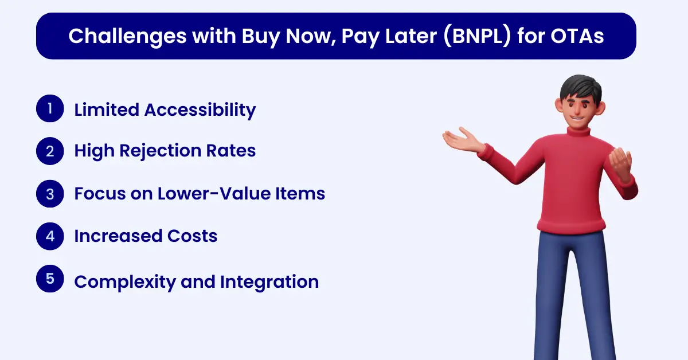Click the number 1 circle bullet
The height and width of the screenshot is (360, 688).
pyautogui.click(x=50, y=108)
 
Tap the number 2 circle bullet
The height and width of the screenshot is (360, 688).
pyautogui.click(x=50, y=151)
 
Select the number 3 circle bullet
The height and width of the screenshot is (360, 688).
pyautogui.click(x=50, y=194)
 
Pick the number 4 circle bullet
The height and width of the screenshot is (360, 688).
pyautogui.click(x=50, y=236)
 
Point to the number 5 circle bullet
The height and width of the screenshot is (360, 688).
pyautogui.click(x=50, y=279)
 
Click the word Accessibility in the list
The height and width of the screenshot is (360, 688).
pyautogui.click(x=200, y=110)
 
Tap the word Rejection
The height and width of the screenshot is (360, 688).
pyautogui.click(x=160, y=151)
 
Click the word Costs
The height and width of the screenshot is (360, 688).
pyautogui.click(x=192, y=236)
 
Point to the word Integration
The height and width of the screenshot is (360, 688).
pyautogui.click(x=269, y=282)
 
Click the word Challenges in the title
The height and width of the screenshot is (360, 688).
pyautogui.click(x=127, y=37)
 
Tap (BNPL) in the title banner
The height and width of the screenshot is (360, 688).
pyautogui.click(x=477, y=36)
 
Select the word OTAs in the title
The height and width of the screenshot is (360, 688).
pyautogui.click(x=577, y=36)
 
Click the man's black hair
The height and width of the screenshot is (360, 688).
pyautogui.click(x=580, y=88)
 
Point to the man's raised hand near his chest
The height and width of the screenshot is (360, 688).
pyautogui.click(x=620, y=164)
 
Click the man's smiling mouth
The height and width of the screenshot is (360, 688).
pyautogui.click(x=577, y=118)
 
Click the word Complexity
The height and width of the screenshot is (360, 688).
pyautogui.click(x=125, y=282)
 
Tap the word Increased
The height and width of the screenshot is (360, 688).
pyautogui.click(x=118, y=236)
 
